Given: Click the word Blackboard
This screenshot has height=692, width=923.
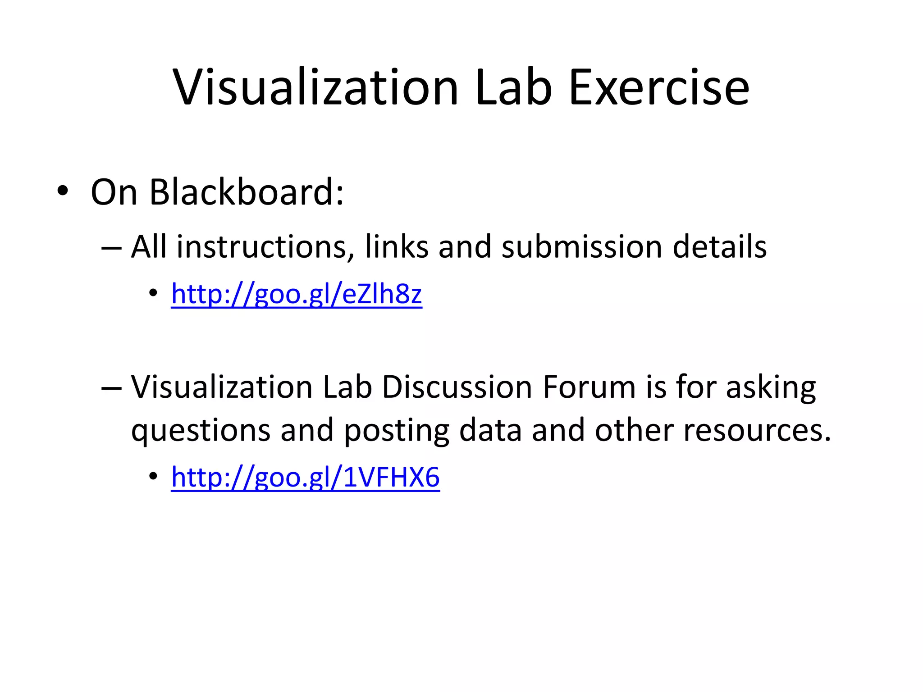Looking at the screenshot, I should pos(247,192).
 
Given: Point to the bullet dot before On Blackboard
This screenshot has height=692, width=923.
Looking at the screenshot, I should pos(63,191).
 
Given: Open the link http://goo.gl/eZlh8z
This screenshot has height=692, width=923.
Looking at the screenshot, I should pos(297,295).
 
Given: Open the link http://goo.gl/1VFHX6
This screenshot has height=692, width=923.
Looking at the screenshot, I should pos(305,477).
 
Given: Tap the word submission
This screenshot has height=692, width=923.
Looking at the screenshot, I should pos(582,247).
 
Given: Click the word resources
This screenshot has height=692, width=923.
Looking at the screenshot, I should pos(757,430).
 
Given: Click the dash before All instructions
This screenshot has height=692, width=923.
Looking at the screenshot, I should pos(111,248).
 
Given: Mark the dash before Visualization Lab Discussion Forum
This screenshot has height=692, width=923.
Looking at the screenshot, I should pos(111,387).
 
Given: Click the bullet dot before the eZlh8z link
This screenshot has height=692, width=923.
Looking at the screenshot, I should pos(153,293).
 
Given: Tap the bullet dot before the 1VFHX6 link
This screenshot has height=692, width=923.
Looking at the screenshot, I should pos(153,476).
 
